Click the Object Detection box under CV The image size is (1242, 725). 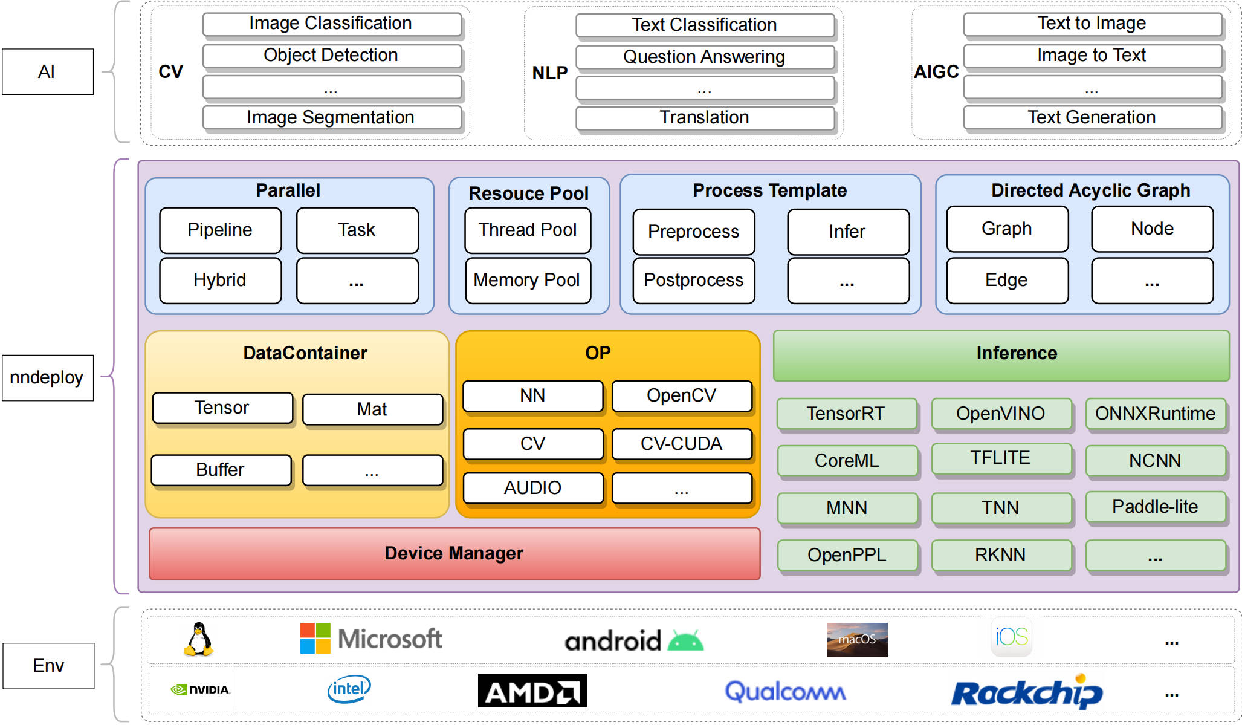332,56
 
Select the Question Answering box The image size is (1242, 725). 705,57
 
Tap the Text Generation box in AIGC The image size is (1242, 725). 1092,117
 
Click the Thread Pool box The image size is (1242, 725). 528,230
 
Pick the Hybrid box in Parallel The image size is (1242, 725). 220,281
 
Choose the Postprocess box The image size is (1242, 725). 694,281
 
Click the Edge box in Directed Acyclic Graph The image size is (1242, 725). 1007,281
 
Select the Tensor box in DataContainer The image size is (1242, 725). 222,408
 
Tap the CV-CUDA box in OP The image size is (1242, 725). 682,444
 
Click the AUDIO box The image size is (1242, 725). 533,488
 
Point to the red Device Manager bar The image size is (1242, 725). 454,554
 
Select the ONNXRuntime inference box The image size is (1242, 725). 1156,414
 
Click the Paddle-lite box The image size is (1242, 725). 1156,507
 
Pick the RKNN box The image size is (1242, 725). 1001,555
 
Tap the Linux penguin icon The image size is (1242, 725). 198,640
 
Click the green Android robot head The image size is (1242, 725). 685,641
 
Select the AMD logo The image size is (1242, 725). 532,691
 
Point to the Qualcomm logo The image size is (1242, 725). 785,691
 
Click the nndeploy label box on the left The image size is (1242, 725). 48,378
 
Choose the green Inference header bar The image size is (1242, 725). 1001,356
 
